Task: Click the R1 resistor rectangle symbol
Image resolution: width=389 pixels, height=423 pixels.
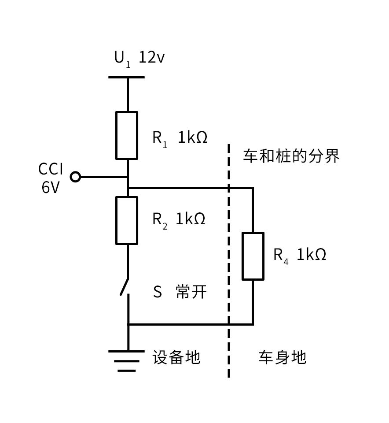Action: tap(127, 135)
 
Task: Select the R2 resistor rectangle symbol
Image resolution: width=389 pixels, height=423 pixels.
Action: tap(127, 220)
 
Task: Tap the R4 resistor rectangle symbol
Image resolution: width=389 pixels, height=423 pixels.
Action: tap(253, 256)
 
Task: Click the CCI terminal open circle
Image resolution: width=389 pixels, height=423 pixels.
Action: tap(76, 177)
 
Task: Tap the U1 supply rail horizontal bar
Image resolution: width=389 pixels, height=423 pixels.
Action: tap(127, 77)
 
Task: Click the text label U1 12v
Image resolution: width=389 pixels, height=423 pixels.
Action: tap(139, 58)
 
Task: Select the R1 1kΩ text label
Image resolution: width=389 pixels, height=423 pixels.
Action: tap(180, 138)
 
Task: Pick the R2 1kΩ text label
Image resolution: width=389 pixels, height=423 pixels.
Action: tap(179, 219)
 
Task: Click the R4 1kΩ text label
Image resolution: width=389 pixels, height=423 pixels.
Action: tap(300, 255)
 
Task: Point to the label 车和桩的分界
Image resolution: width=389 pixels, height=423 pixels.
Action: tap(291, 156)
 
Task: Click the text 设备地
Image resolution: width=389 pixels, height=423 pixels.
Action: tap(176, 357)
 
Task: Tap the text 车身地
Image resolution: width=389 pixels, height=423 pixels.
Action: tap(282, 357)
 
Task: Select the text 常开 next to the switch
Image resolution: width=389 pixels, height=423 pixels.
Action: tap(191, 292)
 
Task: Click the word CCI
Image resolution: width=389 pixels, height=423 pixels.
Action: tap(51, 169)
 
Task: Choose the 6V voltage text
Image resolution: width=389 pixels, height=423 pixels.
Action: tap(51, 187)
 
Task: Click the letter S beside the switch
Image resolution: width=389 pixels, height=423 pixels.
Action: tap(158, 292)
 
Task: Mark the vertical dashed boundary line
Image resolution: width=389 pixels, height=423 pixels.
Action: tap(229, 264)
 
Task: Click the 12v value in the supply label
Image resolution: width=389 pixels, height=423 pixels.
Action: tap(152, 58)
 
